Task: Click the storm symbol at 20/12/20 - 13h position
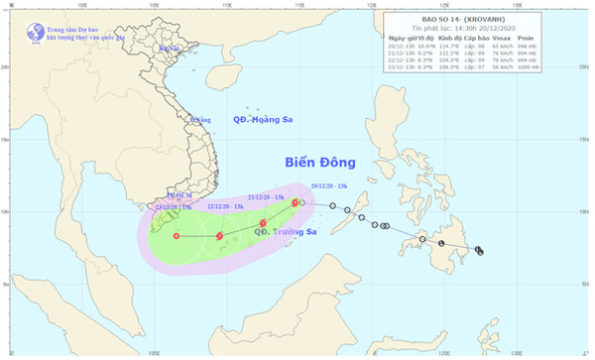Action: [296, 202]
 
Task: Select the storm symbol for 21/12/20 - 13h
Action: [263, 223]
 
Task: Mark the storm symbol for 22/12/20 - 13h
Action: [219, 236]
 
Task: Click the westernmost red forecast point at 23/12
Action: [177, 236]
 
